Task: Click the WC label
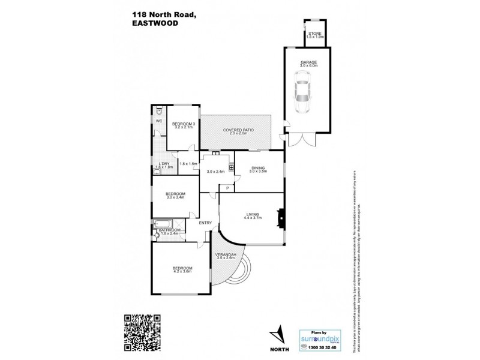[158, 121]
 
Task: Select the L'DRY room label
[163, 164]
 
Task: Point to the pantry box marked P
[227, 188]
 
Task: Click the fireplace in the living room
[279, 217]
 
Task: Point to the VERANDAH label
[224, 256]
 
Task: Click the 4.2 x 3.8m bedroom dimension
[182, 271]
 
